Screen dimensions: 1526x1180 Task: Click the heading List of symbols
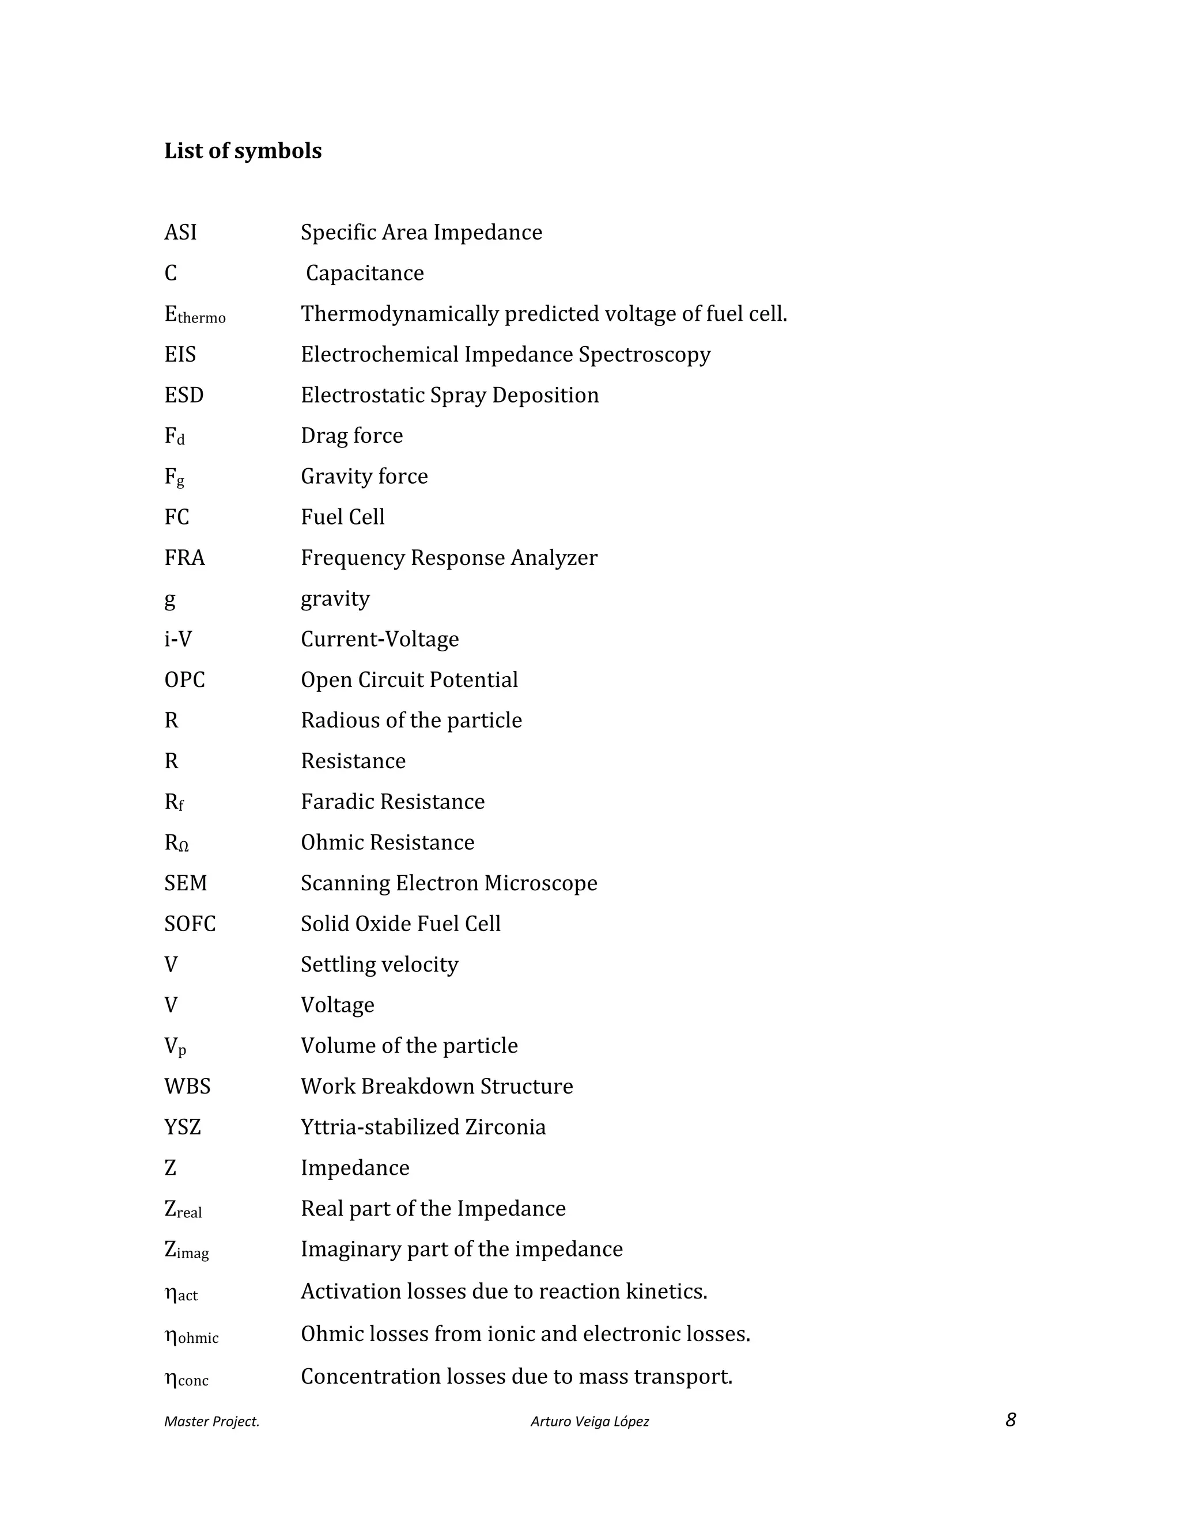[x=243, y=151]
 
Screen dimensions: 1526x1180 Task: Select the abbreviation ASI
[x=180, y=232]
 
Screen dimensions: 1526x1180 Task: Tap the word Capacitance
[x=364, y=273]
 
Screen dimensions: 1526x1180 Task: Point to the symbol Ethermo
[x=194, y=315]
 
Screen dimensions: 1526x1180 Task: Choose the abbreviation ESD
[x=184, y=396]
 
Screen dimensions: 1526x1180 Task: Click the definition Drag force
[x=351, y=436]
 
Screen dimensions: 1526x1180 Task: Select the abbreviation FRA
[x=184, y=558]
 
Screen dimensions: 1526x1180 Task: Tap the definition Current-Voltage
[x=380, y=639]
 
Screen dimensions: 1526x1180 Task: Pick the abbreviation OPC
[x=184, y=680]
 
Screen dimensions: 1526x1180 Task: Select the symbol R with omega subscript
[x=176, y=844]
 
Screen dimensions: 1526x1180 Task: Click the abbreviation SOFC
[x=190, y=924]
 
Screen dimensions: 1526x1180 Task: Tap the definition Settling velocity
[x=379, y=965]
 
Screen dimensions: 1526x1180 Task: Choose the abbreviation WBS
[x=187, y=1087]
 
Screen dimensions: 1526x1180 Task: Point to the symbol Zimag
[x=186, y=1251]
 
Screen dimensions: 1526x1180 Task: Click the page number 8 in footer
[x=1010, y=1421]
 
